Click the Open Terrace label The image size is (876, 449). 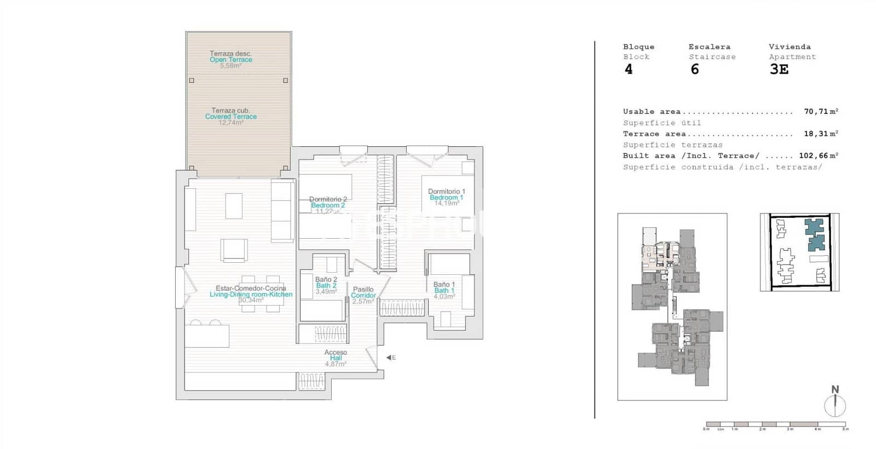pyautogui.click(x=230, y=60)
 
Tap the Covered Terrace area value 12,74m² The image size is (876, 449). pyautogui.click(x=230, y=123)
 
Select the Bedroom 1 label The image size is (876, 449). pyautogui.click(x=446, y=198)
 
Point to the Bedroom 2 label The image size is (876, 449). pyautogui.click(x=328, y=205)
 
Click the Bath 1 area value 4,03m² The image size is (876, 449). pyautogui.click(x=444, y=297)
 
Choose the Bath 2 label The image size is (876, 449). pyautogui.click(x=326, y=285)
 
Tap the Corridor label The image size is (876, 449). pyautogui.click(x=363, y=295)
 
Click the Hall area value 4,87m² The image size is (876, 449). pyautogui.click(x=336, y=364)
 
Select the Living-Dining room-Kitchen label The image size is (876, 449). pyautogui.click(x=251, y=294)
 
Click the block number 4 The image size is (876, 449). pyautogui.click(x=629, y=69)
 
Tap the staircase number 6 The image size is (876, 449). pyautogui.click(x=695, y=69)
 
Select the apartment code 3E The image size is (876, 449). pyautogui.click(x=779, y=69)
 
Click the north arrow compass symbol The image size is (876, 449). pyautogui.click(x=835, y=404)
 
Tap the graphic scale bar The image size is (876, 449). pyautogui.click(x=775, y=424)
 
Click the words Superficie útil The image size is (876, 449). pyautogui.click(x=661, y=123)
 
